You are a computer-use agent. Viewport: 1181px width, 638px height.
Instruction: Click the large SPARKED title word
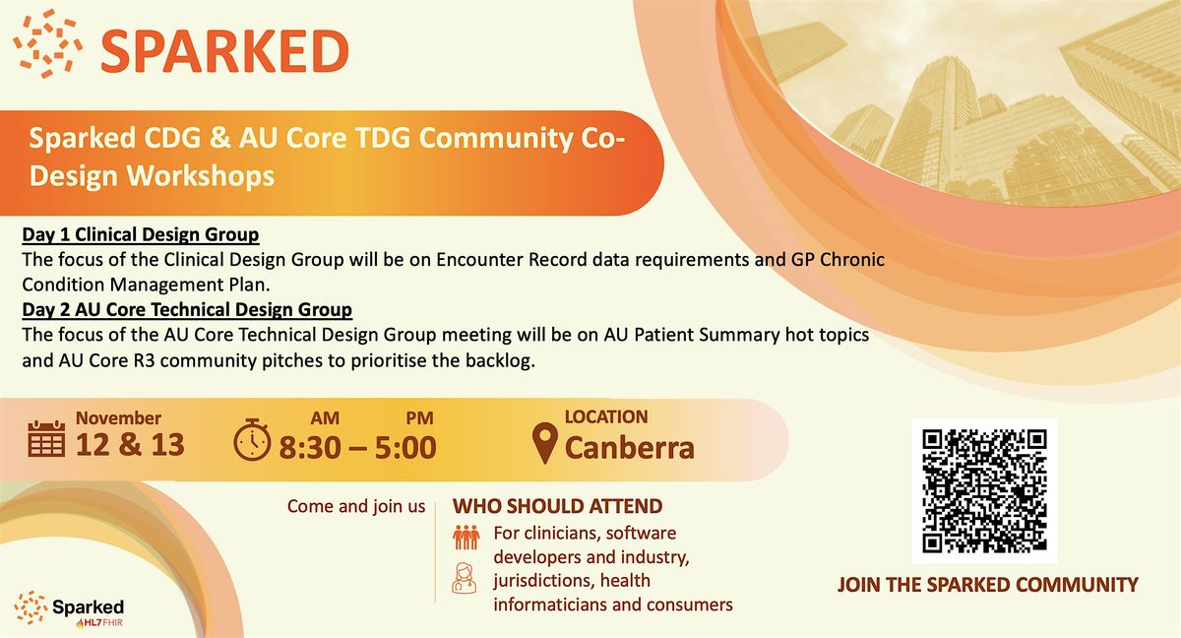[x=224, y=50]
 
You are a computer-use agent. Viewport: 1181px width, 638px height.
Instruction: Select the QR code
[x=984, y=490]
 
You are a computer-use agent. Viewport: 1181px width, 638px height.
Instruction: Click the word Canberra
[x=629, y=448]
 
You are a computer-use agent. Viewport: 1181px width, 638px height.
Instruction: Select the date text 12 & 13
[x=130, y=445]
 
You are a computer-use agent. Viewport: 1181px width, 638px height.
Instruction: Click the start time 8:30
[x=311, y=448]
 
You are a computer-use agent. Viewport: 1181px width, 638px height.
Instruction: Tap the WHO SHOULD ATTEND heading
[x=557, y=507]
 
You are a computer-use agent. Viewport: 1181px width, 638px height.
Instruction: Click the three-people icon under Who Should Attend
[x=465, y=538]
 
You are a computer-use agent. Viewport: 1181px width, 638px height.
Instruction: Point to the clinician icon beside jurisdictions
[x=464, y=577]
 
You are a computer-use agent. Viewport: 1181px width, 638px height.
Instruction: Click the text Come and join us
[x=356, y=507]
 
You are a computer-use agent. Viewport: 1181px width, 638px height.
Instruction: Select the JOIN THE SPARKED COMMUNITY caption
[x=987, y=585]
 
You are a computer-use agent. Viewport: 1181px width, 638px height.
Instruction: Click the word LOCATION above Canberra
[x=605, y=416]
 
